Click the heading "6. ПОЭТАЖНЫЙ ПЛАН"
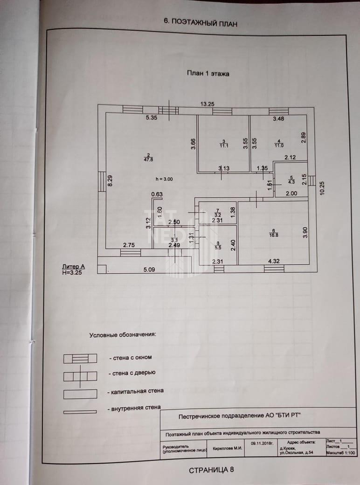201,22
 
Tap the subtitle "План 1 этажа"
208,73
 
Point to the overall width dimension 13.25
208,104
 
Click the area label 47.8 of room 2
148,159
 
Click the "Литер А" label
70,267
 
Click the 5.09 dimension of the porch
149,269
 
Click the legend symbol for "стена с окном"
80,358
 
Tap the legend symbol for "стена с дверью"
80,375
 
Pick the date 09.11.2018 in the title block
261,444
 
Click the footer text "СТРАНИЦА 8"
211,470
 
